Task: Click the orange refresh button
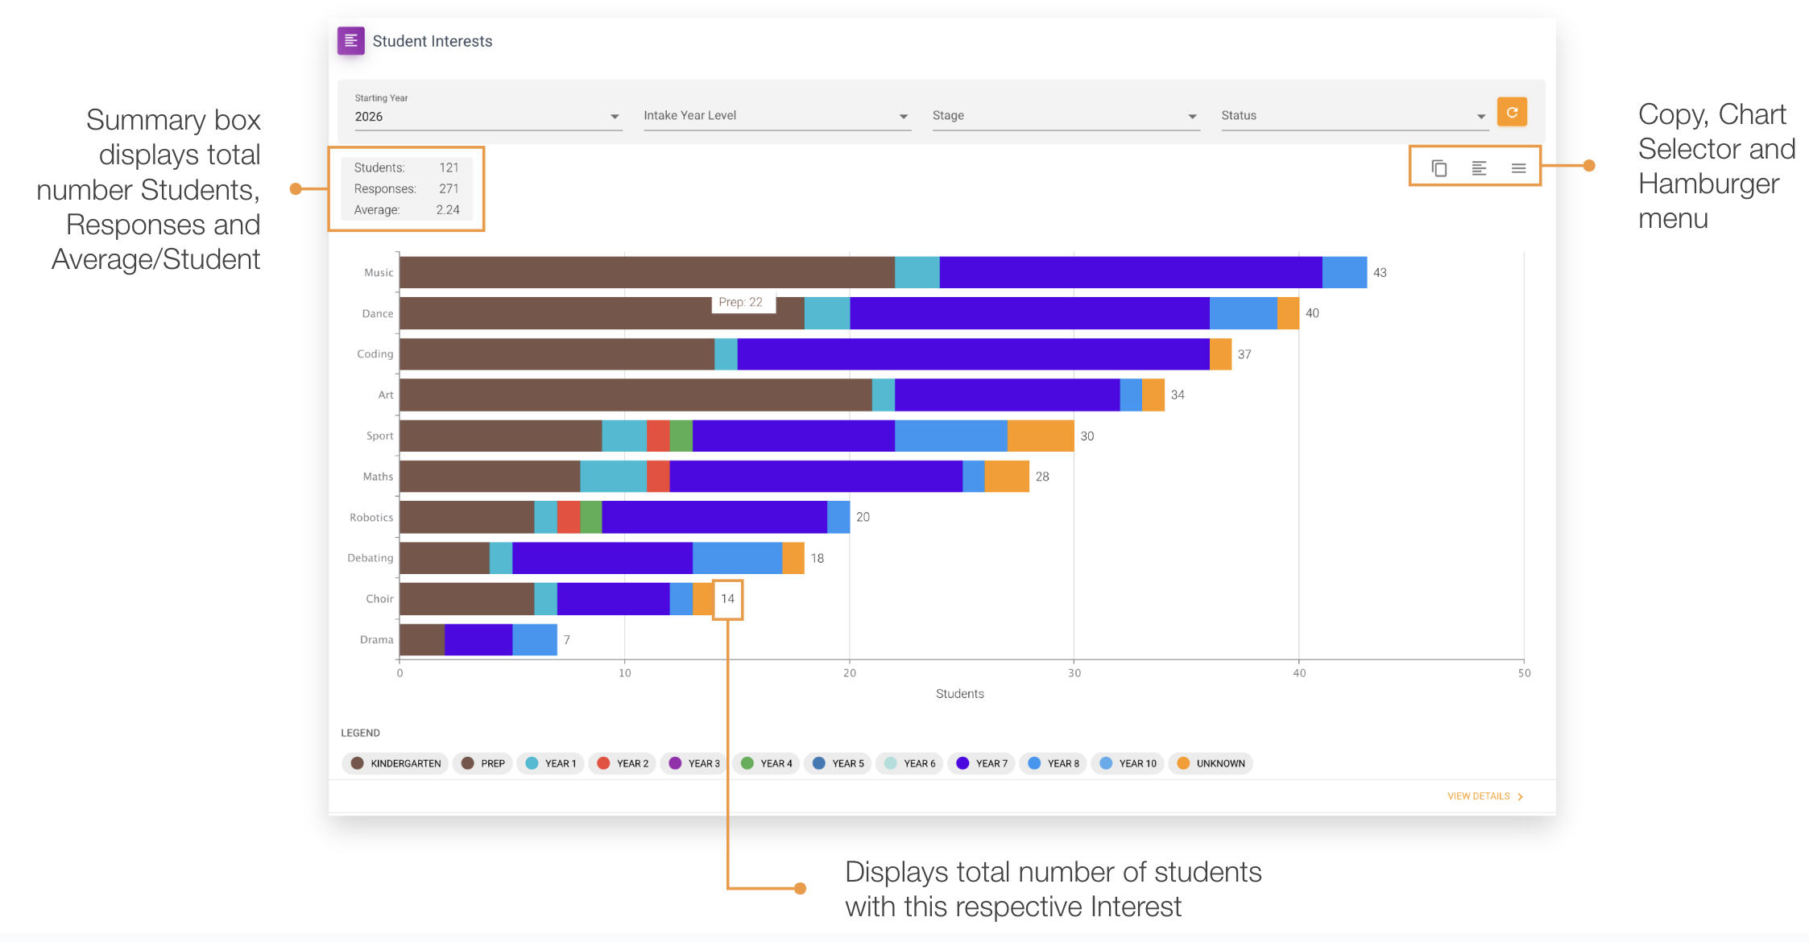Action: pos(1511,113)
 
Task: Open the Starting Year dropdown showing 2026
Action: pos(486,117)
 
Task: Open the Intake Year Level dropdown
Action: pos(776,116)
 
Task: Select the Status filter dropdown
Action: pos(1352,116)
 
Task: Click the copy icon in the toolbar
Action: pos(1439,168)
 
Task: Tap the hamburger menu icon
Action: pos(1518,168)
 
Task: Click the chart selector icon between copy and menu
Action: pos(1479,168)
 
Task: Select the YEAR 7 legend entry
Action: pos(982,763)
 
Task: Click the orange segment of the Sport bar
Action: pos(1040,436)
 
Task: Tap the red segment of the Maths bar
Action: pos(657,477)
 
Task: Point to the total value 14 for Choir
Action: pos(727,599)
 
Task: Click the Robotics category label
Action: pos(371,518)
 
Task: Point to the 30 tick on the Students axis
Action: pos(1074,673)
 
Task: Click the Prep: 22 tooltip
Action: pos(740,303)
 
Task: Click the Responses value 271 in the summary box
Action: pos(448,188)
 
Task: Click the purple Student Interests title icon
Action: pos(350,41)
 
